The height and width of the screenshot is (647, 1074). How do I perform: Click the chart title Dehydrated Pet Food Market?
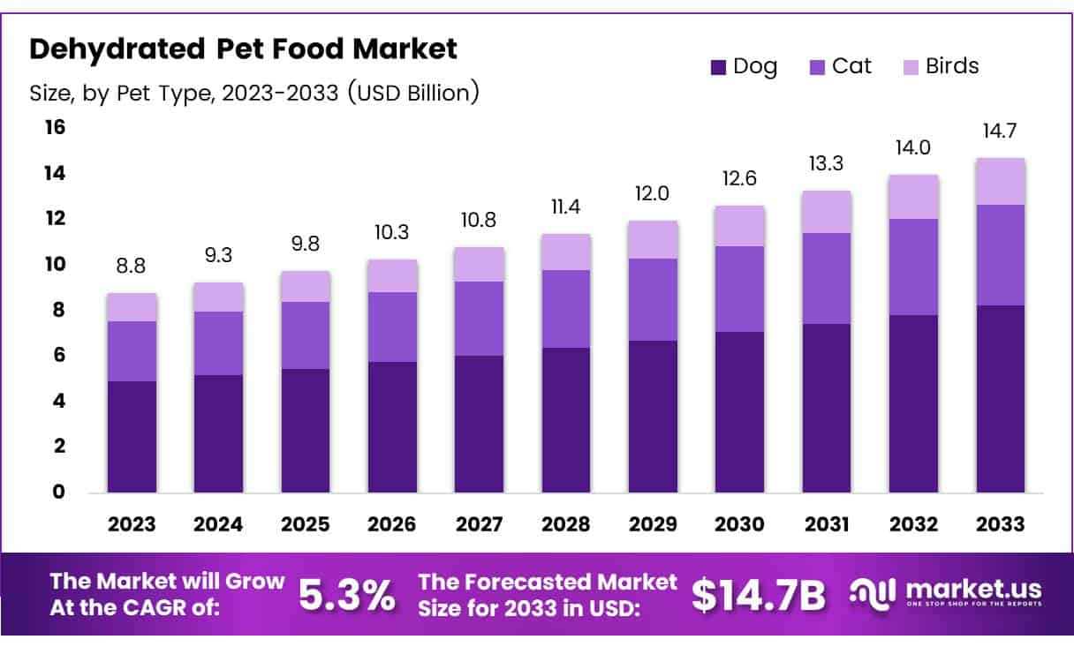coord(244,49)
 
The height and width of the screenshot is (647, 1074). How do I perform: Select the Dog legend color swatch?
coord(718,67)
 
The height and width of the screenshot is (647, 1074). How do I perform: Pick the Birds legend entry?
coord(941,66)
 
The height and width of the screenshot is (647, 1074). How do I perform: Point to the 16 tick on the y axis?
coord(55,128)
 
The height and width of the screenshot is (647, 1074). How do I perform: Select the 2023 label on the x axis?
coord(132,523)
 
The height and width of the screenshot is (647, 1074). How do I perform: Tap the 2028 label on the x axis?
coord(566,523)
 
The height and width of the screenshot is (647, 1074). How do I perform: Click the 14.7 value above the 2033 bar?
coord(1000,132)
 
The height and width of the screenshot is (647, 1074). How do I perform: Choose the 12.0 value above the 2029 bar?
coord(653,194)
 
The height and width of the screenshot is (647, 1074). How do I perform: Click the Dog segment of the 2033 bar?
coord(1000,398)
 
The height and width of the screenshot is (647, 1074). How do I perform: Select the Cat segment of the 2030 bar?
coord(739,289)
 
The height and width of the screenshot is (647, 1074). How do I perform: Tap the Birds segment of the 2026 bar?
coord(392,275)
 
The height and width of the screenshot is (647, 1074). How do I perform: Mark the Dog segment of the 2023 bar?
coord(132,436)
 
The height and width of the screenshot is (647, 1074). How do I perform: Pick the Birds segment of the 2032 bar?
coord(913,196)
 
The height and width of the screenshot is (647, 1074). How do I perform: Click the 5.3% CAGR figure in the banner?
coord(346,596)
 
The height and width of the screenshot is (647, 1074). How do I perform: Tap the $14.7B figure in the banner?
coord(758,596)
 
